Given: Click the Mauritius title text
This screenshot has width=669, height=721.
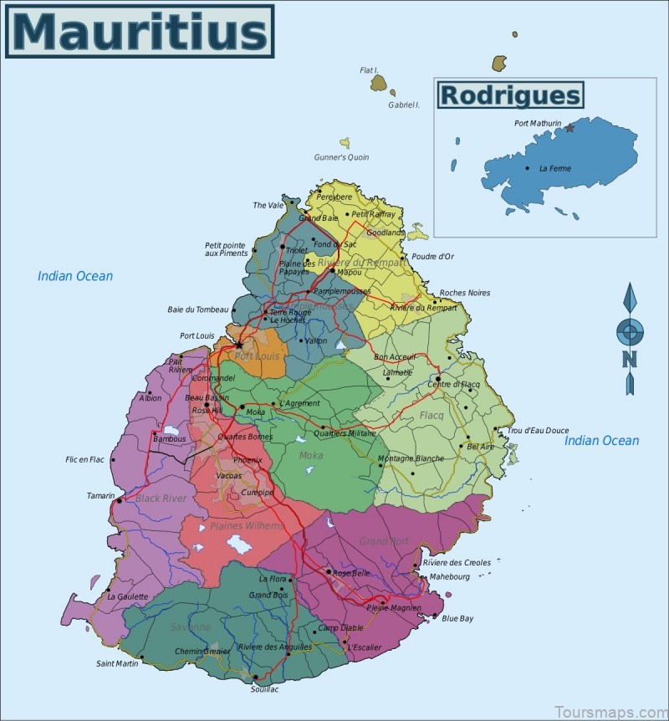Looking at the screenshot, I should pyautogui.click(x=139, y=32).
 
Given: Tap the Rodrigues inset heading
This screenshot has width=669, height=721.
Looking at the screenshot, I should pyautogui.click(x=509, y=95).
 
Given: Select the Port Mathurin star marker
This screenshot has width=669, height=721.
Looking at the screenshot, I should pyautogui.click(x=570, y=128).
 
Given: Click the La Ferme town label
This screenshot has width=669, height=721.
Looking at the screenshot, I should pyautogui.click(x=555, y=168).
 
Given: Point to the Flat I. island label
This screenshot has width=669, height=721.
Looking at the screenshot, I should pyautogui.click(x=369, y=70).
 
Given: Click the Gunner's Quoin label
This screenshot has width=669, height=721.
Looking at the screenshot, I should pyautogui.click(x=341, y=157).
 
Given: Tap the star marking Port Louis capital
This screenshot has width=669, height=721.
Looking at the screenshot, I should pyautogui.click(x=239, y=345).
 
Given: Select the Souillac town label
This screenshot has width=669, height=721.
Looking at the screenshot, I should pyautogui.click(x=264, y=689).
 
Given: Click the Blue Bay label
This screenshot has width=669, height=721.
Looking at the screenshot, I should pyautogui.click(x=457, y=619).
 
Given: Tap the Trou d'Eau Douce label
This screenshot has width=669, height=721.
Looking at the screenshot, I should pyautogui.click(x=538, y=431).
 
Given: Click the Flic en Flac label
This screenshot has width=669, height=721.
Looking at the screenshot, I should pyautogui.click(x=84, y=459).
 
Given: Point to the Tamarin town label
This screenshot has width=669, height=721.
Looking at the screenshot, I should pyautogui.click(x=100, y=496).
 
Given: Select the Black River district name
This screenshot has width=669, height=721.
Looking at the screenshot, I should pyautogui.click(x=161, y=499).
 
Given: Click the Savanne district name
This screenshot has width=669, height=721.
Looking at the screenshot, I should pyautogui.click(x=192, y=626).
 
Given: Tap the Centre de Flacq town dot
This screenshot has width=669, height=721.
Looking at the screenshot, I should pyautogui.click(x=438, y=379).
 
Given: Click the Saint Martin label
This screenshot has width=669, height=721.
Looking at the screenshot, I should pyautogui.click(x=117, y=664).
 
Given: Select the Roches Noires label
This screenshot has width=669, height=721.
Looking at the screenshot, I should pyautogui.click(x=465, y=293).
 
